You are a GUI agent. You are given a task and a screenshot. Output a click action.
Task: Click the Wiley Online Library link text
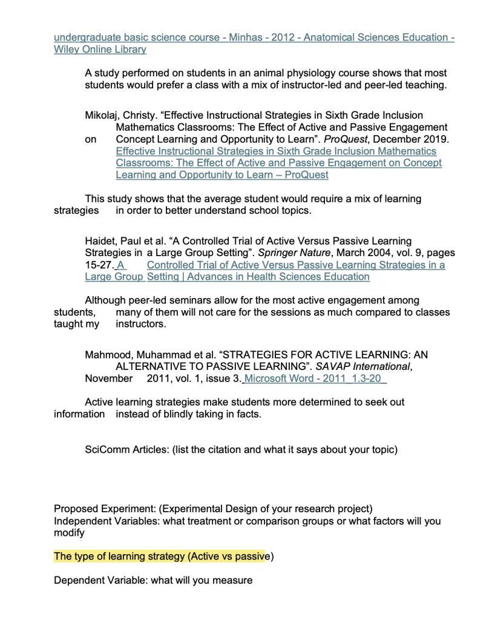100,50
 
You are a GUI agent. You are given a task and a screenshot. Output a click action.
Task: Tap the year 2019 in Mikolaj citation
436,139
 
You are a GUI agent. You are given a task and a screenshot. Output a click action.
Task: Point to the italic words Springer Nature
293,253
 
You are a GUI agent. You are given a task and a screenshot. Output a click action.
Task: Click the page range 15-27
98,265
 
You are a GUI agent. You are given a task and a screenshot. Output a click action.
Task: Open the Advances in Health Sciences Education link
258,277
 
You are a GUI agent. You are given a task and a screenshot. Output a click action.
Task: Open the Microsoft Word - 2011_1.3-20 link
315,378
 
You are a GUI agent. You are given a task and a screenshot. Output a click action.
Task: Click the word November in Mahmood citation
108,378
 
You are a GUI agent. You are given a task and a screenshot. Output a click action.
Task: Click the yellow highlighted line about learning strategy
163,556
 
